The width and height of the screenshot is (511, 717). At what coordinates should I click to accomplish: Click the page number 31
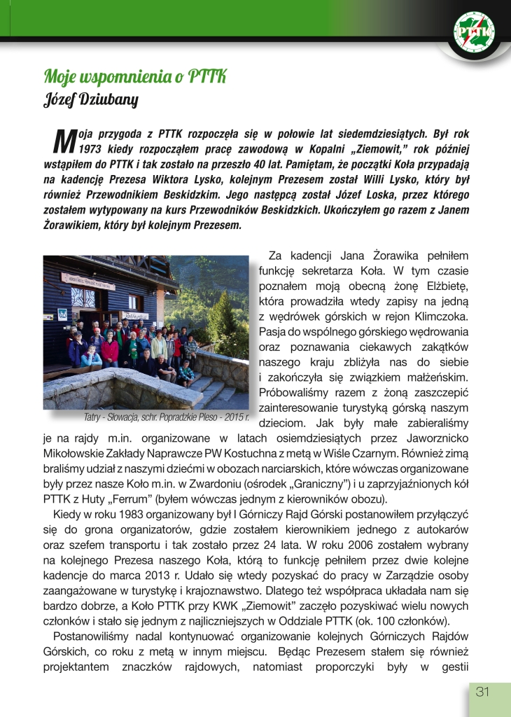pos(482,692)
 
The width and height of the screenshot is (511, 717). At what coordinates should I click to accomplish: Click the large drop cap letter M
pos(64,139)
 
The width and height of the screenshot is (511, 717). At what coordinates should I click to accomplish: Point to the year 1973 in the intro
pos(93,149)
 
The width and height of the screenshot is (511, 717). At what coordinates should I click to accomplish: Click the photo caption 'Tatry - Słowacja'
pos(166,417)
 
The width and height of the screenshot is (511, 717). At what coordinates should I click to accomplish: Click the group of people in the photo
pos(133,347)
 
